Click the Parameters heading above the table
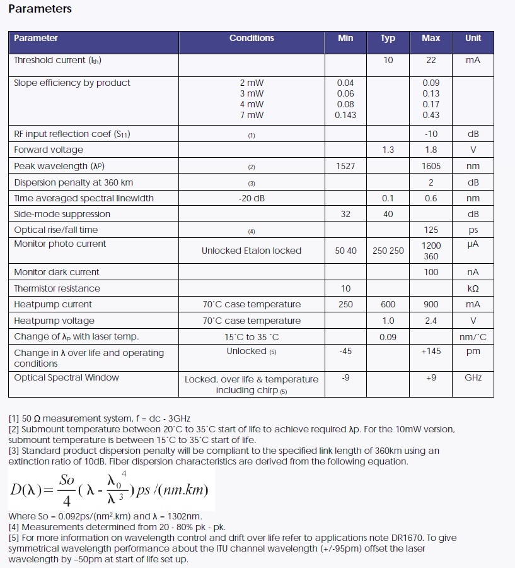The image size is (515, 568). point(40,9)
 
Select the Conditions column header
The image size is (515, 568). point(252,38)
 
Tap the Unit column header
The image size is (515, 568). point(473,38)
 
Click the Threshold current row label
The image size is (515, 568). point(57,61)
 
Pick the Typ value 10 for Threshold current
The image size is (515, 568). point(388,61)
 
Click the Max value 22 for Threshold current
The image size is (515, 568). point(431,61)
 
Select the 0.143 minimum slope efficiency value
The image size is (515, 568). point(346,115)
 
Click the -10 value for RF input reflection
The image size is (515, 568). point(431,134)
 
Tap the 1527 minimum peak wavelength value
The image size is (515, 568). point(345,166)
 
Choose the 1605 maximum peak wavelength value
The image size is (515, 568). point(431,166)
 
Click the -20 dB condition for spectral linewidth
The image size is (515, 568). point(252,198)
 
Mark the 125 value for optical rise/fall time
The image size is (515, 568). point(431,230)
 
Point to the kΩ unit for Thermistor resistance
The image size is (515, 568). point(473,288)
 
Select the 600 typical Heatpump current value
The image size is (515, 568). point(388,304)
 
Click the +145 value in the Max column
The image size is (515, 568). point(431,351)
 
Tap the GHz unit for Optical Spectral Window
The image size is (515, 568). point(473,377)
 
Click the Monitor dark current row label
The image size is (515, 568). point(57,272)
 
